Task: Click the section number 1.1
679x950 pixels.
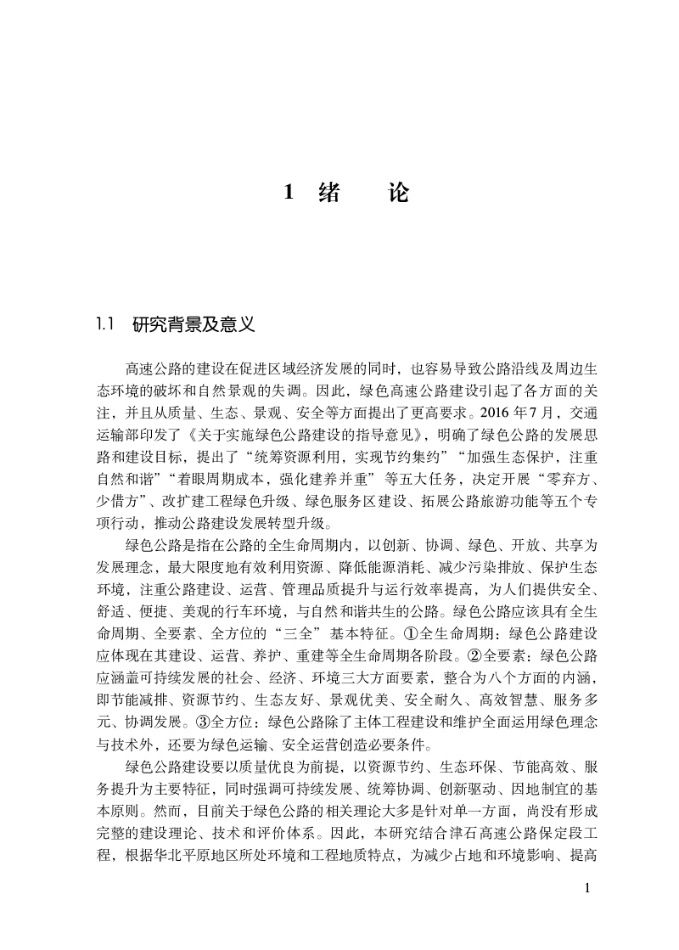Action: tap(105, 324)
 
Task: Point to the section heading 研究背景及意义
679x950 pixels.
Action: tap(194, 324)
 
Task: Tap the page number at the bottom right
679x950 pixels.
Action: tap(587, 889)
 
